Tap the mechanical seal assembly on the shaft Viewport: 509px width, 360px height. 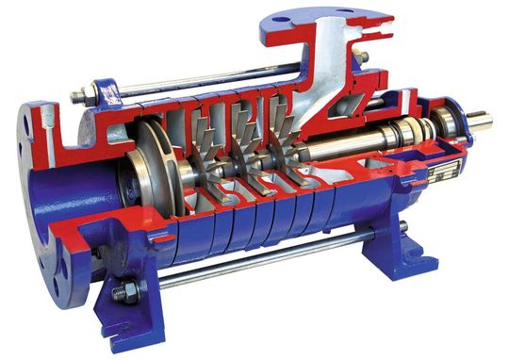pyautogui.click(x=396, y=132)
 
